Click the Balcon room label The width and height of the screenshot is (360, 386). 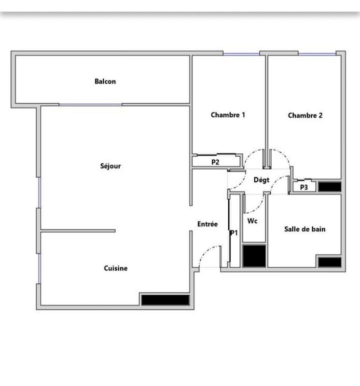(105, 82)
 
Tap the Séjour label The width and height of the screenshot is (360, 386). (114, 166)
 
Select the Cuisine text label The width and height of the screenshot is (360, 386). (116, 268)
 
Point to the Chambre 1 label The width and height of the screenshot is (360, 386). (228, 115)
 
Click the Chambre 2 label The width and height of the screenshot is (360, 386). (305, 115)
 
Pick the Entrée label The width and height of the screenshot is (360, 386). (208, 224)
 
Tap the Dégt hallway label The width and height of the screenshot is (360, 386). (261, 179)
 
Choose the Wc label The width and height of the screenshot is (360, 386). (252, 221)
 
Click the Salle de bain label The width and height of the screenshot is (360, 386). (304, 229)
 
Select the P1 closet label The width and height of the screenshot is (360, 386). (234, 233)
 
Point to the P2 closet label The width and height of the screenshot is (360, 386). (215, 162)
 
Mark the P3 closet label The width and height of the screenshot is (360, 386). (304, 187)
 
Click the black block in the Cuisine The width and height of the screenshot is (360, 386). (165, 300)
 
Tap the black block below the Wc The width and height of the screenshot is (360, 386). (254, 256)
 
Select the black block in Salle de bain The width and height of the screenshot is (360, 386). (330, 262)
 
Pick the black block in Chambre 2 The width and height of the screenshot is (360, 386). (330, 187)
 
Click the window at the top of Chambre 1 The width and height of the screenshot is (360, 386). (241, 53)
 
